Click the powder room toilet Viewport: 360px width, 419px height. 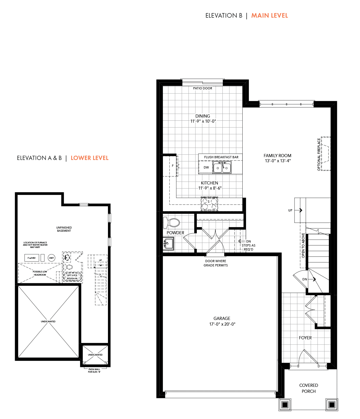pyautogui.click(x=171, y=222)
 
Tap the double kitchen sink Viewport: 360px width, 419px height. pyautogui.click(x=222, y=167)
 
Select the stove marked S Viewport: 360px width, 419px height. pyautogui.click(x=209, y=204)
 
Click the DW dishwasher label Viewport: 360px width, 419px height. pyautogui.click(x=206, y=167)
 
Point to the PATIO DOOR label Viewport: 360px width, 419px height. pyautogui.click(x=202, y=88)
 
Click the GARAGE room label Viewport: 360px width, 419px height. pyautogui.click(x=222, y=319)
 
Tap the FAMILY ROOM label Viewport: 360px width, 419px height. pyautogui.click(x=277, y=156)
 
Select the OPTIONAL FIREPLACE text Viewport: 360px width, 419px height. pyautogui.click(x=319, y=155)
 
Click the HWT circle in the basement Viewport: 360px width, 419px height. pyautogui.click(x=52, y=258)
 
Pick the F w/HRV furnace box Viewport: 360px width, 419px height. pyautogui.click(x=32, y=258)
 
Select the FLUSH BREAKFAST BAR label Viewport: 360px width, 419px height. pyautogui.click(x=221, y=157)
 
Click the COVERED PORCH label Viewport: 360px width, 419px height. pyautogui.click(x=308, y=388)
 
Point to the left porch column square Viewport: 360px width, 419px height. pyautogui.click(x=285, y=404)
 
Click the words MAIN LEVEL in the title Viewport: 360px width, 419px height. pyautogui.click(x=269, y=16)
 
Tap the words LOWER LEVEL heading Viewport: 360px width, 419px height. pyautogui.click(x=89, y=158)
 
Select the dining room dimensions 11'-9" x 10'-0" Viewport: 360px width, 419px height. pyautogui.click(x=203, y=121)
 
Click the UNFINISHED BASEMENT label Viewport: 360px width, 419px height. pyautogui.click(x=64, y=229)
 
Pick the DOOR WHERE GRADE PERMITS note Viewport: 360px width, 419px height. pyautogui.click(x=216, y=263)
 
